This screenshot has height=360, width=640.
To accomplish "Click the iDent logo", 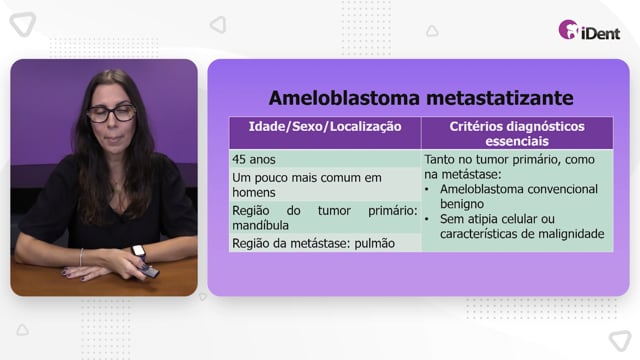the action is (x=589, y=30).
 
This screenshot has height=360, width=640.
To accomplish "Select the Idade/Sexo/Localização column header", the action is (x=325, y=127).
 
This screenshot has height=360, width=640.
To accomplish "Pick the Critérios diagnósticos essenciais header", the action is (x=517, y=133).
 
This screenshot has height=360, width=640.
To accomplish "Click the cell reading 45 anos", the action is (x=254, y=159).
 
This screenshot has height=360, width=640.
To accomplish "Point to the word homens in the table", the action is (x=254, y=192).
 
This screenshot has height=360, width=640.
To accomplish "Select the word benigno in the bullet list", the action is (x=462, y=204).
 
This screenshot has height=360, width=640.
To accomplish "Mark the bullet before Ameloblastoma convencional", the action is (x=427, y=189).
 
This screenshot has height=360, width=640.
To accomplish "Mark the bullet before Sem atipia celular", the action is (x=427, y=219).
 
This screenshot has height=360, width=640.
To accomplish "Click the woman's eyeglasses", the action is (x=111, y=113).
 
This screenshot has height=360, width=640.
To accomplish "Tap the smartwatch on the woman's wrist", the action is (x=139, y=252).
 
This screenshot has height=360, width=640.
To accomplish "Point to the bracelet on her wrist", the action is (x=82, y=257).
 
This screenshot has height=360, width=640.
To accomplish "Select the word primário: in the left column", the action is (x=393, y=211).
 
